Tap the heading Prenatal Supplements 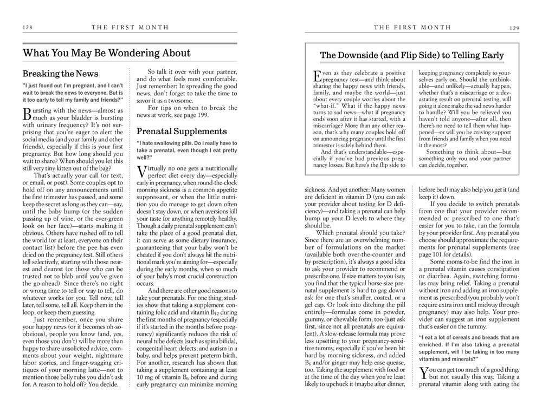pos(182,131)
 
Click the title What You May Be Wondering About pos(107,53)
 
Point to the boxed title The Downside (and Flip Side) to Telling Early pos(412,55)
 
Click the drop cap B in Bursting pos(28,114)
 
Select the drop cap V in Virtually pos(142,172)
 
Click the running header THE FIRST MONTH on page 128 pos(130,27)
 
